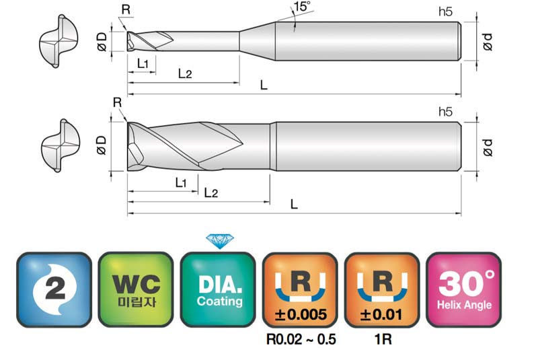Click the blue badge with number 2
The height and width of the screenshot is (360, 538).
(54, 289)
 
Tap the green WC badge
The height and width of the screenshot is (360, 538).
(136, 289)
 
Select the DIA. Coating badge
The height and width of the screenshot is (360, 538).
(218, 289)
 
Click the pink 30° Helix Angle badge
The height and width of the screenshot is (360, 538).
(464, 289)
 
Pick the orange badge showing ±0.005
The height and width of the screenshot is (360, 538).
(300, 289)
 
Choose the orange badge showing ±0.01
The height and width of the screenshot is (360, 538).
(382, 289)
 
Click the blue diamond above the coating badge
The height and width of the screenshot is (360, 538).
(220, 242)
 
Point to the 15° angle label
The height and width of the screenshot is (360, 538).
(302, 7)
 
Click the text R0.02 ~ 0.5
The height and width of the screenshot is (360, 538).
(301, 339)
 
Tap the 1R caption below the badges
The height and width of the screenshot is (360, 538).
(383, 339)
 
